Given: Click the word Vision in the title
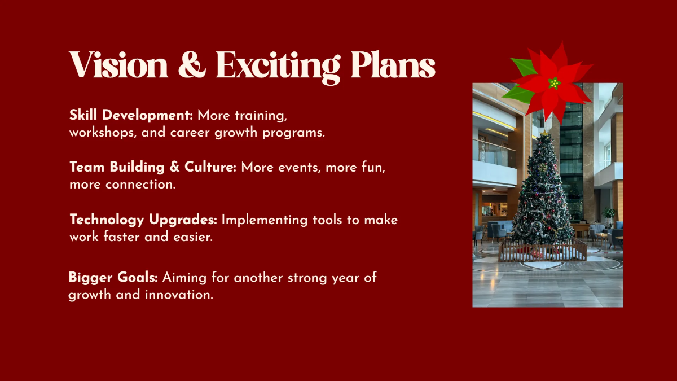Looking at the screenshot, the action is tap(118, 65).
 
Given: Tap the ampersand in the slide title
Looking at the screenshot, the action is tap(192, 65).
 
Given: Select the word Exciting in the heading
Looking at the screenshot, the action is tap(278, 67).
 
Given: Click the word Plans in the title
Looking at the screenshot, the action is tap(393, 65).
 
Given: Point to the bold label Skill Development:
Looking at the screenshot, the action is tap(131, 115).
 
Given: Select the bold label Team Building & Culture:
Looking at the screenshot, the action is tap(153, 167).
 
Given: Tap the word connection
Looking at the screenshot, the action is tap(140, 185).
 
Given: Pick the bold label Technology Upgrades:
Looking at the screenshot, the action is tap(143, 220).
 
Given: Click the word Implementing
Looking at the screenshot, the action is tap(265, 220).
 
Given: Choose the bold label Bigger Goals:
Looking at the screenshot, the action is tap(113, 278).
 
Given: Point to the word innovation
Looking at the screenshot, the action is tap(179, 295).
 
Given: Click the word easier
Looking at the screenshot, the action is tap(193, 237).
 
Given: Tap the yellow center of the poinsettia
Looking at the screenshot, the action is tap(554, 83).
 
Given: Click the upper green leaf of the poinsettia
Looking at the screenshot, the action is tap(524, 67).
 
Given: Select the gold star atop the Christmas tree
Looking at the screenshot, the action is tap(544, 133).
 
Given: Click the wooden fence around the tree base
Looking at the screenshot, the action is tap(543, 252).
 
